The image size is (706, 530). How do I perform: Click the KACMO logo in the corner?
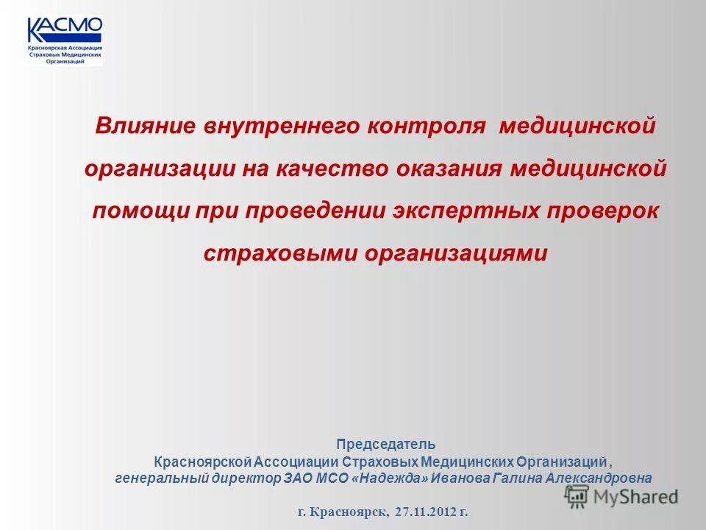[x=64, y=40]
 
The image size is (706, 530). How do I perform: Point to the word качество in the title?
[x=334, y=169]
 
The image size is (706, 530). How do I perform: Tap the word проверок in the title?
[x=601, y=211]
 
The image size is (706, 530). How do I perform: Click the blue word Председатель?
[x=386, y=445]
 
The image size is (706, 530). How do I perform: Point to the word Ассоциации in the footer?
[x=296, y=462]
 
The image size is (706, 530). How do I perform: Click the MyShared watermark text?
[x=635, y=498]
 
